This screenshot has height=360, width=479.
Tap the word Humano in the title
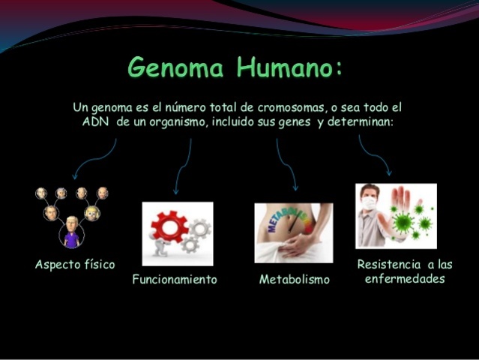coord(286,68)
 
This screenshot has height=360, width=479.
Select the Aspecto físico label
coord(75,265)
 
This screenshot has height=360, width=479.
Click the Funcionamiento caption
coord(175,280)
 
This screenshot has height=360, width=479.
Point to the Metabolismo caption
coord(294,280)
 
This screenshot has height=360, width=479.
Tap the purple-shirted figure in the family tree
coord(72,232)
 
